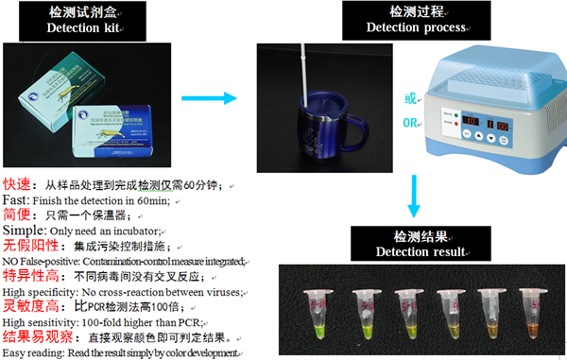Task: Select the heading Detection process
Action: point(407,26)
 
